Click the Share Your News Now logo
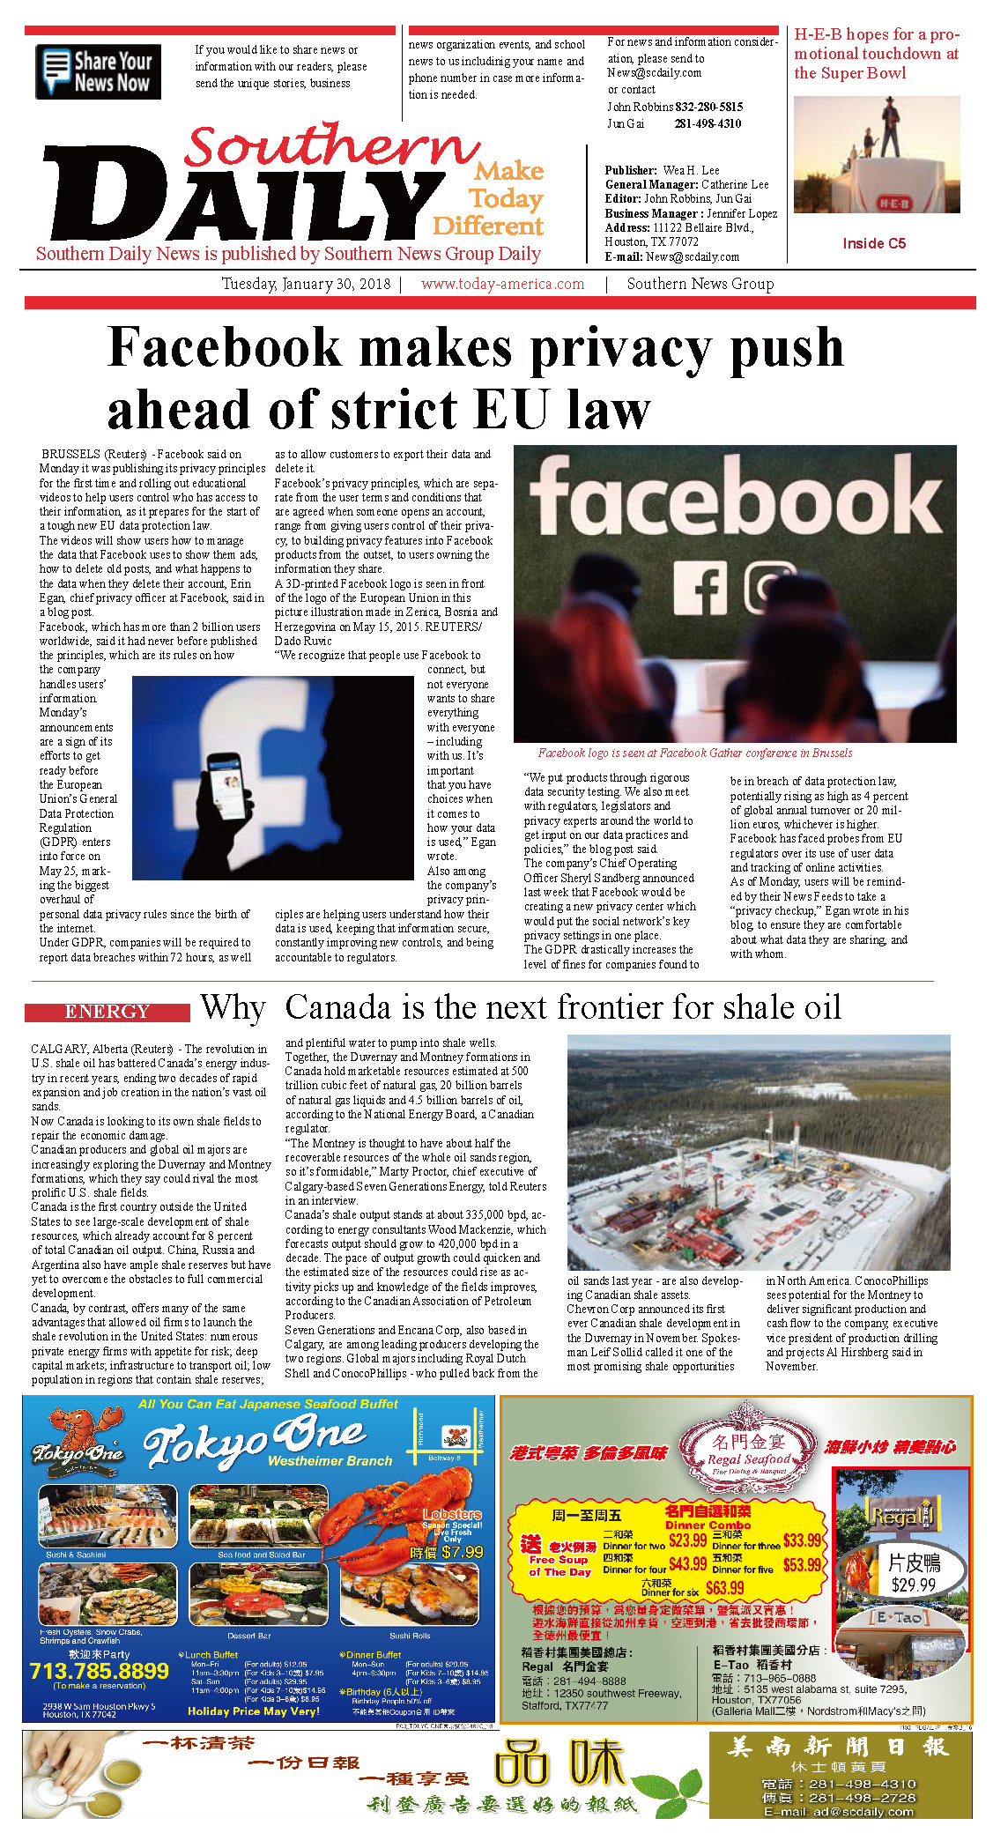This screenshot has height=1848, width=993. (98, 71)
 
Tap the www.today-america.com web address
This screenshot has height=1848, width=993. (502, 284)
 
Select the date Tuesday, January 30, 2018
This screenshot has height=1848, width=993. (306, 284)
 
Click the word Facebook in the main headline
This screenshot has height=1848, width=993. (224, 347)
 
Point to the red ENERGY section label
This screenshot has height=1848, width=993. (107, 1012)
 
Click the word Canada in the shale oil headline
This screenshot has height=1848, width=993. (337, 1007)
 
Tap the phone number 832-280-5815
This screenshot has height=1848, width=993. (708, 107)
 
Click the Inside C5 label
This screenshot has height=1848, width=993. (873, 243)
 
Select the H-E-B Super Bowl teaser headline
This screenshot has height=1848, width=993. (877, 54)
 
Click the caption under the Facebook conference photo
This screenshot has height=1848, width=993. (695, 753)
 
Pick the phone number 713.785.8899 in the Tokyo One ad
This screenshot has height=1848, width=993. (99, 1671)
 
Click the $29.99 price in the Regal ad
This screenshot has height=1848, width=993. (913, 1585)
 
